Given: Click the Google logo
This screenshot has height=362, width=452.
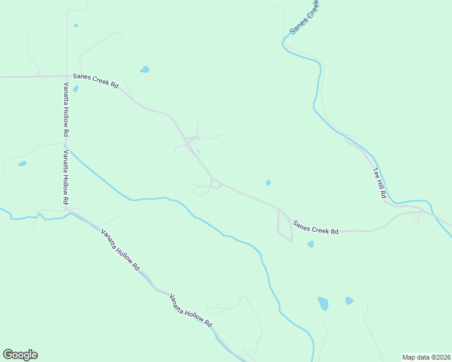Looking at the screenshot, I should coord(20,355).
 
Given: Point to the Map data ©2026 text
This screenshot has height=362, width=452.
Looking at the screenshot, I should coord(426,357).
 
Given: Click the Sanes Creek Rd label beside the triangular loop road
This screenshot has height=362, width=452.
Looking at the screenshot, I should coord(315,227).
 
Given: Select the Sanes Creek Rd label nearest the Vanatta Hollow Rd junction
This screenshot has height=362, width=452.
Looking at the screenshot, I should coord(95,80).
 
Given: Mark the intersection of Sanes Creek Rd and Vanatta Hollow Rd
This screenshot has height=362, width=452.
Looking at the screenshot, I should coord(66,77).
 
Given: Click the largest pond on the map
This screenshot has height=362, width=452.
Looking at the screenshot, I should coord(323,303).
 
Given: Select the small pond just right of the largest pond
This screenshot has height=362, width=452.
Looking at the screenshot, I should coord(349,300).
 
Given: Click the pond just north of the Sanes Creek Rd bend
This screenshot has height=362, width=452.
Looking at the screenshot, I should coord(144,69).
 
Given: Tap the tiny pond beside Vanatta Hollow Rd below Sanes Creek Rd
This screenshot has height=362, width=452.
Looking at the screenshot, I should coord(76,89).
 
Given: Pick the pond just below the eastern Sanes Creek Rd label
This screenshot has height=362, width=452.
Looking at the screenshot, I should coord(310,244).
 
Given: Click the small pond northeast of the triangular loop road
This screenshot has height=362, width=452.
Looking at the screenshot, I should coord(268,183).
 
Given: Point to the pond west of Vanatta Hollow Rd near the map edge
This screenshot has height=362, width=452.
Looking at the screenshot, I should coord(22,164).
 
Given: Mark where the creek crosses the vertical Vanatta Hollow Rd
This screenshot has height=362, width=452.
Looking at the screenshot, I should coord(66,146).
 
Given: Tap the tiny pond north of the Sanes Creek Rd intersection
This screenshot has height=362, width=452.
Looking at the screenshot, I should coord(76,25).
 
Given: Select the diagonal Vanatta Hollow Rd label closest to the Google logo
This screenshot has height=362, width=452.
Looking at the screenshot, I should coord(120,250).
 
